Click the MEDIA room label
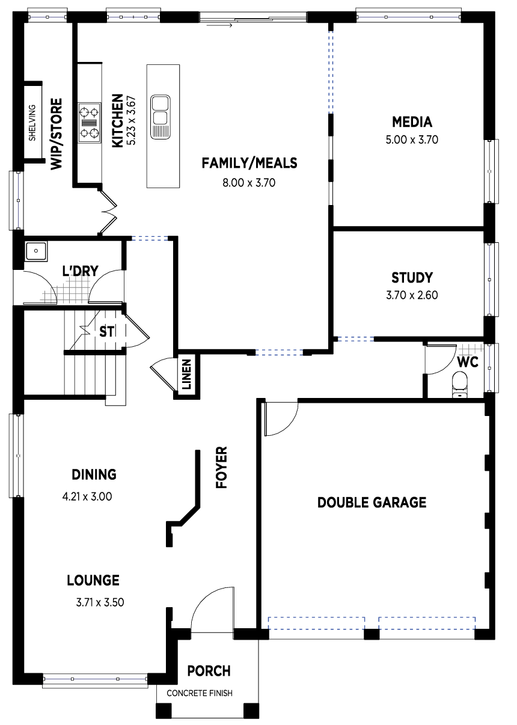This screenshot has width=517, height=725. pyautogui.click(x=412, y=122)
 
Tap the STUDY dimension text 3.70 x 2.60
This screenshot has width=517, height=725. pyautogui.click(x=412, y=295)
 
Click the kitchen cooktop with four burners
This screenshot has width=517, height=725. pyautogui.click(x=90, y=123)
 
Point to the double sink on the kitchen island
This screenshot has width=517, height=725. pyautogui.click(x=161, y=117)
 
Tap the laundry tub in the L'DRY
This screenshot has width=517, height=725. pyautogui.click(x=36, y=251)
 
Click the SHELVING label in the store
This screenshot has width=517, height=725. pyautogui.click(x=32, y=123)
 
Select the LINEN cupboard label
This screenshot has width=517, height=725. pyautogui.click(x=187, y=375)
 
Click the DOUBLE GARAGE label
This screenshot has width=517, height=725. pyautogui.click(x=372, y=503)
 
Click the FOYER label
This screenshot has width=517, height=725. pyautogui.click(x=222, y=467)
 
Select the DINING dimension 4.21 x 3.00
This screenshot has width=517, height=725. pyautogui.click(x=87, y=497)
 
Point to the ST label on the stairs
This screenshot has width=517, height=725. pyautogui.click(x=107, y=331)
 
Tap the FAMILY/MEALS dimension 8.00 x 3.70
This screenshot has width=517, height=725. pyautogui.click(x=249, y=183)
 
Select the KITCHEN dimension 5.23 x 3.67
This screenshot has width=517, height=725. pyautogui.click(x=131, y=120)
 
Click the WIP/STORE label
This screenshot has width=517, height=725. pyautogui.click(x=56, y=133)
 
